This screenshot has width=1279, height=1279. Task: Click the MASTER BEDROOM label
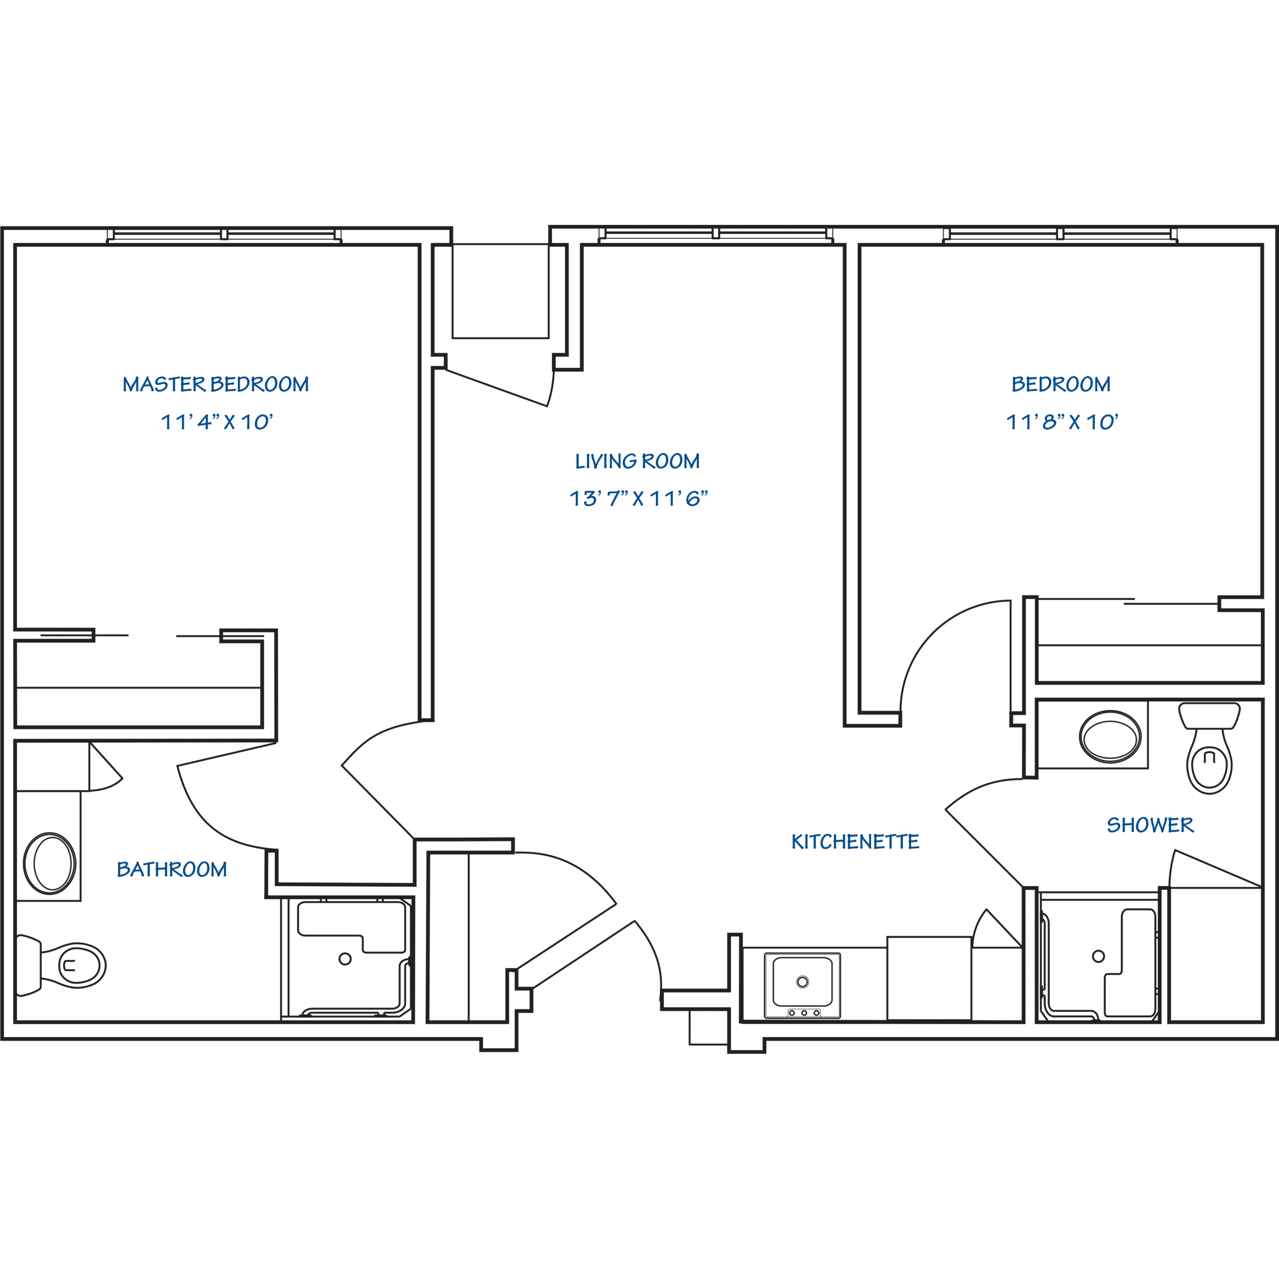tap(215, 384)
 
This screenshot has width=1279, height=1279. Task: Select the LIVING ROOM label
tap(637, 462)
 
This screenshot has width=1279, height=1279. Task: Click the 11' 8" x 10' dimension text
tap(1061, 422)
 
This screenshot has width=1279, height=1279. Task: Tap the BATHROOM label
tap(171, 869)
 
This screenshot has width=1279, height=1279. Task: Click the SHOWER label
tap(1151, 825)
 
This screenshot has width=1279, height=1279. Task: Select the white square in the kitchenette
tap(929, 978)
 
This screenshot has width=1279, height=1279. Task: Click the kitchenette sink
tap(802, 982)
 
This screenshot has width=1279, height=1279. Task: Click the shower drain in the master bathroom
tap(344, 957)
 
